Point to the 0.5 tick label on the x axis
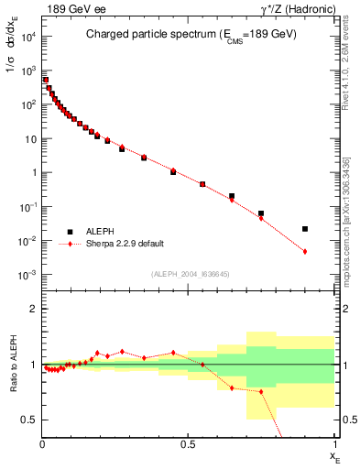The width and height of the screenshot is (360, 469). (x=189, y=443)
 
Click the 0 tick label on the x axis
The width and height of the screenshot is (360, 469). (x=42, y=443)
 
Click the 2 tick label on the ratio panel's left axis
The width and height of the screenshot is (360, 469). (x=33, y=309)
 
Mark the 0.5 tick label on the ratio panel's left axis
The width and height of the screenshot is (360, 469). (x=28, y=420)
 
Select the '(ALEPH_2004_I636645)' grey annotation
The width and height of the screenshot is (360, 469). (x=190, y=274)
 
